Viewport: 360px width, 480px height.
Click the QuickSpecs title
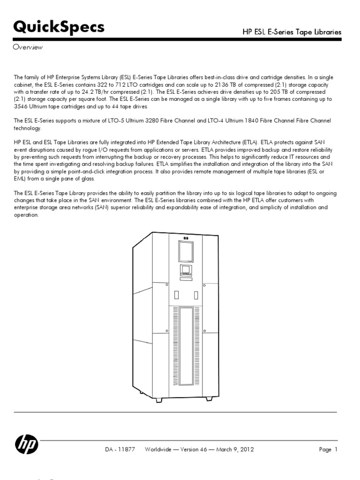59,28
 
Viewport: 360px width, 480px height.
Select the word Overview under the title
28,47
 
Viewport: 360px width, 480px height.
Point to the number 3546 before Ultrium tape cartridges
22,106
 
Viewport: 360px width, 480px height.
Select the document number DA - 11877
120,450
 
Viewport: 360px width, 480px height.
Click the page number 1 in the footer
336,450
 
